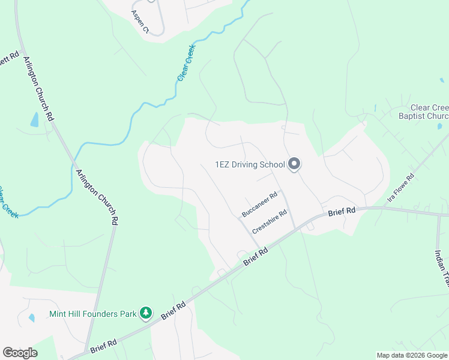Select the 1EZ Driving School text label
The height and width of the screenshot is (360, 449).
(250, 164)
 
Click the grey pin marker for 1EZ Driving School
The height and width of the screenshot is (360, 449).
(294, 163)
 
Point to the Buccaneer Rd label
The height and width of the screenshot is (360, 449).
(259, 205)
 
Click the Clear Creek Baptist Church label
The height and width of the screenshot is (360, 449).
(424, 112)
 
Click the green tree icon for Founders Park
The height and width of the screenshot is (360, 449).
(145, 313)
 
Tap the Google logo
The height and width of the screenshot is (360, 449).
(20, 353)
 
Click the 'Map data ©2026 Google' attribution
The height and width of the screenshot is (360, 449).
(411, 355)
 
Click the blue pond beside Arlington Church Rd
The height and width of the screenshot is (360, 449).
(34, 119)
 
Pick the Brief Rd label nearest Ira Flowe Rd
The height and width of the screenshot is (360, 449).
(342, 212)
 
